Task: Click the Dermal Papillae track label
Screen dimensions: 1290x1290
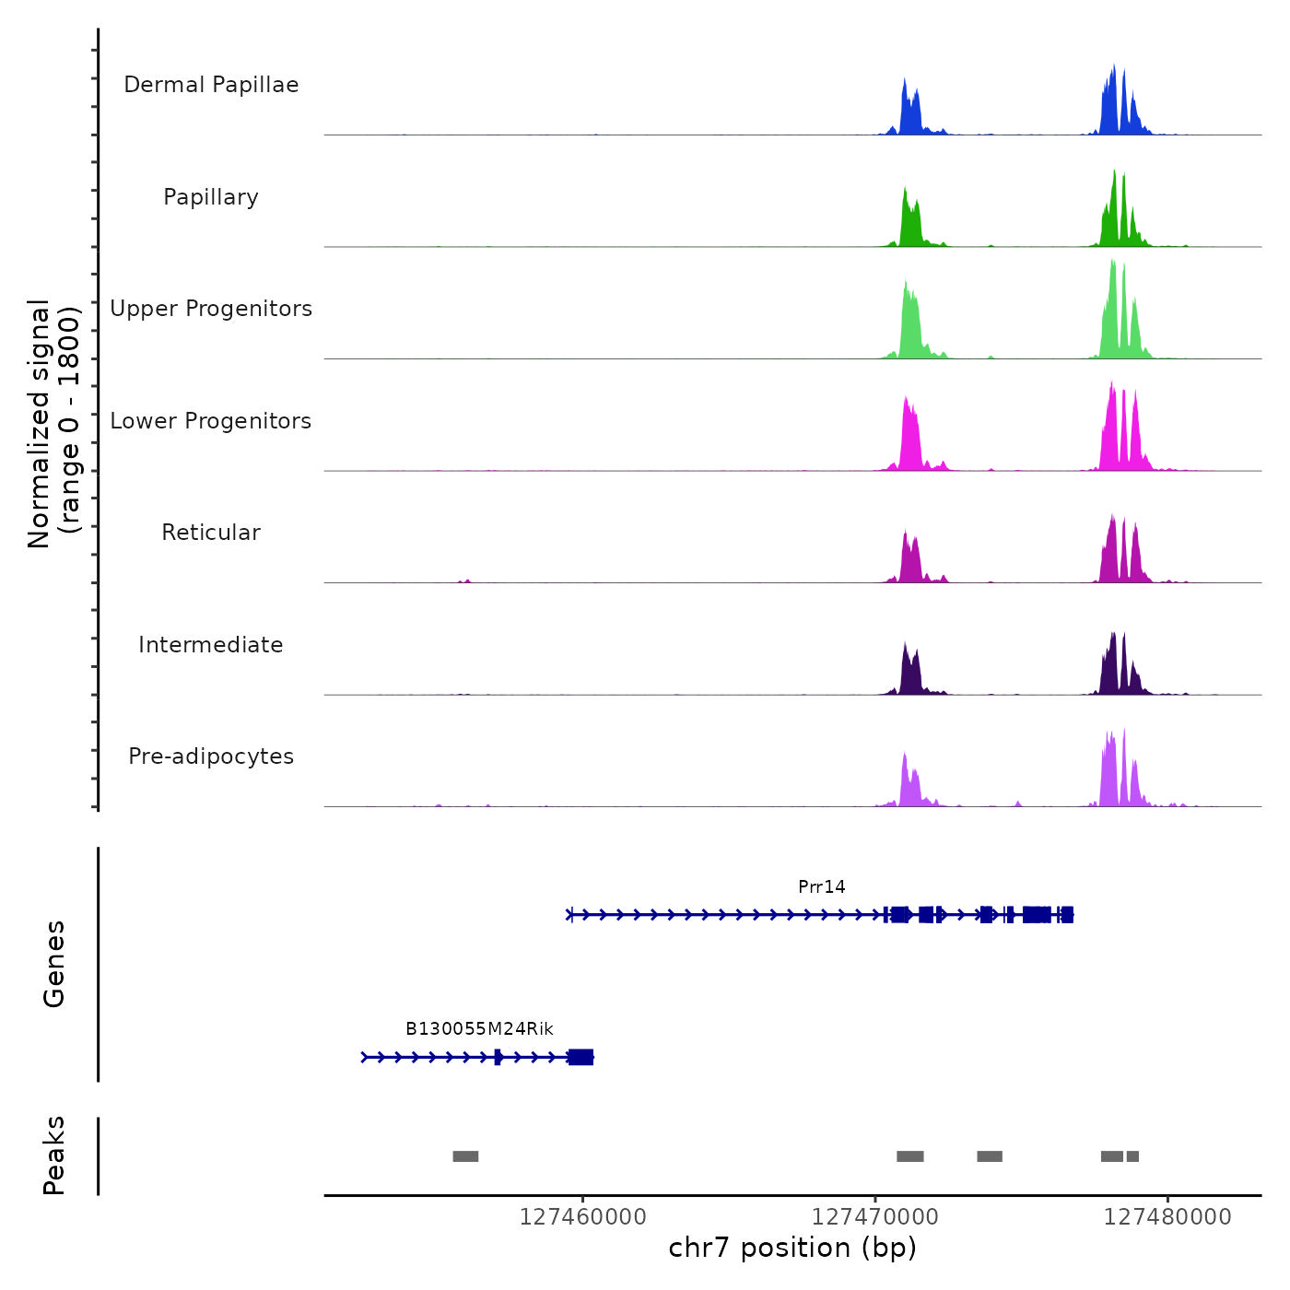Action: (x=211, y=85)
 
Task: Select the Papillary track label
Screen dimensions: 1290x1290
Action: (x=211, y=197)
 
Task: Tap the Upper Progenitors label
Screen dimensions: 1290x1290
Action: (x=211, y=309)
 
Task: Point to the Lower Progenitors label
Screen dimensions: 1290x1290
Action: (x=211, y=421)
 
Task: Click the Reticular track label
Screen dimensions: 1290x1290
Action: (x=211, y=533)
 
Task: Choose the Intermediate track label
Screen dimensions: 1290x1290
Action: (x=211, y=645)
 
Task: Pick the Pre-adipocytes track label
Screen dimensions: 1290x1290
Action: (x=211, y=756)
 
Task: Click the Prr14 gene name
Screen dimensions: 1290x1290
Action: (x=821, y=887)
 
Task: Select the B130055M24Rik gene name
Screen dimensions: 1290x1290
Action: (x=479, y=1029)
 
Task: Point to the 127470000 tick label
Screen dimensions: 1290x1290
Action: (x=875, y=1217)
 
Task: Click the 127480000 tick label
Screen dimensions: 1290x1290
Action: (x=1167, y=1217)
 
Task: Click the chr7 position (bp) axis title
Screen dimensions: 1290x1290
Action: (x=792, y=1248)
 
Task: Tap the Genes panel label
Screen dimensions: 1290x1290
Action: (x=54, y=964)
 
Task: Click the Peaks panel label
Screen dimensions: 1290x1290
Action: (x=54, y=1155)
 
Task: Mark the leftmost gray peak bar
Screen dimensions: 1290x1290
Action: (x=465, y=1156)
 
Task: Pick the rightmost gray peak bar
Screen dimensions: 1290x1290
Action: (x=1132, y=1156)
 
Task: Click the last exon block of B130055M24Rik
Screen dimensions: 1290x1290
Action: (x=580, y=1057)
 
